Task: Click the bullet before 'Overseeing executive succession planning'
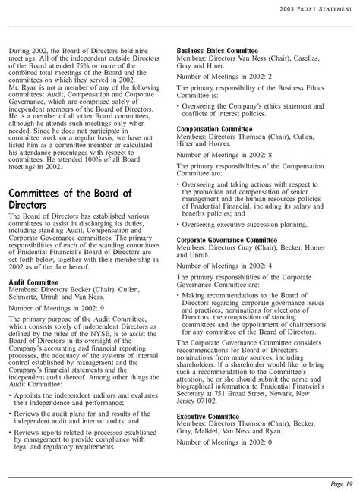click(178, 225)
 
